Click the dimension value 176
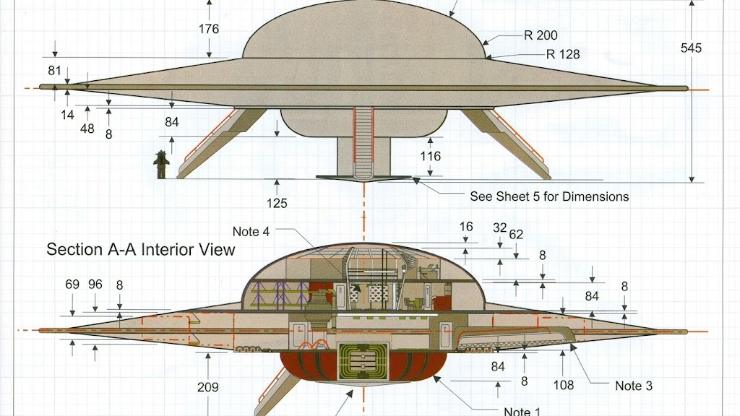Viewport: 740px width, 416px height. [x=209, y=29]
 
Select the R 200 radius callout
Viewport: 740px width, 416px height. [x=541, y=35]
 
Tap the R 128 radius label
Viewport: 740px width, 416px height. [x=563, y=55]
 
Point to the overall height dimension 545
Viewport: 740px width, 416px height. [x=691, y=48]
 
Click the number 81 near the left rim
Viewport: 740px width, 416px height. [x=55, y=71]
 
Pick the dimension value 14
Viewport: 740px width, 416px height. [x=67, y=115]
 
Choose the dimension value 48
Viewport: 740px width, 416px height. [x=87, y=129]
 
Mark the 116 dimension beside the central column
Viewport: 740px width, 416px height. [x=431, y=156]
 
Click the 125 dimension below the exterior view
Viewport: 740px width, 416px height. [x=277, y=203]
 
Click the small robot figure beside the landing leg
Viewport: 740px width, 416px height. [x=161, y=165]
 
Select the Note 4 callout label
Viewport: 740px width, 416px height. [x=251, y=232]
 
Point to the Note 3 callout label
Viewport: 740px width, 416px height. [x=634, y=386]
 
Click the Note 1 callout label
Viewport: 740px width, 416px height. [x=522, y=411]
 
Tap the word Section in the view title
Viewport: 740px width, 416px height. [x=75, y=249]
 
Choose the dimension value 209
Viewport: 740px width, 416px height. [x=207, y=387]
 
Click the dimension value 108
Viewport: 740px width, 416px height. [x=564, y=386]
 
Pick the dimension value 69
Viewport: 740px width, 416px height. [x=72, y=285]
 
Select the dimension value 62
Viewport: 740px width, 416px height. [x=516, y=235]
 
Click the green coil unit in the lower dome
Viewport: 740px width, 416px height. [x=363, y=361]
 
